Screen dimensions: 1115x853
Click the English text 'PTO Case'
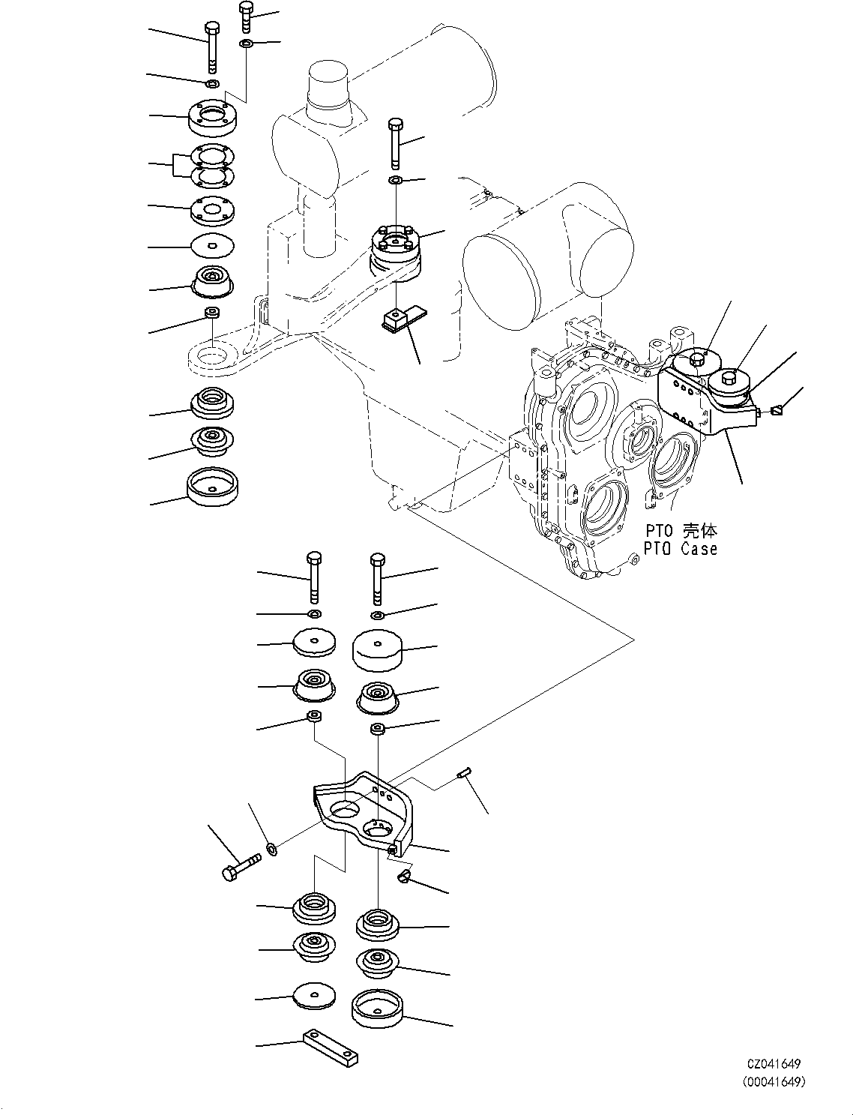tap(680, 549)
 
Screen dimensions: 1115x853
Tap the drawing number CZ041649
tap(774, 1064)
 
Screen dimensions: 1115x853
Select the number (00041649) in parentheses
tap(774, 1081)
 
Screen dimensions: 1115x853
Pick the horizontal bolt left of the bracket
tap(241, 867)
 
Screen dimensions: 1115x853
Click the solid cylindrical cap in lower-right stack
tap(378, 649)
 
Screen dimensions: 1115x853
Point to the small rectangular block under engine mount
tap(395, 321)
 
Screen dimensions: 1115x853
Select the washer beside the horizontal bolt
tap(272, 850)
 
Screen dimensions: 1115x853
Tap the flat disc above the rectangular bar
tap(314, 996)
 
